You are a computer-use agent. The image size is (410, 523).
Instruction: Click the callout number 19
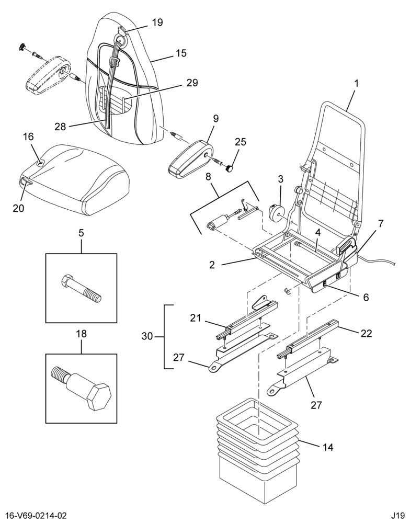coord(157,22)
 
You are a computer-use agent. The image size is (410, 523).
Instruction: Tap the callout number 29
coord(192,83)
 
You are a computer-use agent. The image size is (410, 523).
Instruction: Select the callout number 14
coord(328,447)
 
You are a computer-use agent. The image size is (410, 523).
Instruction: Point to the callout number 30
coord(147,336)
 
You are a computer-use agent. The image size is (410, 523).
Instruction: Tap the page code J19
coord(398,516)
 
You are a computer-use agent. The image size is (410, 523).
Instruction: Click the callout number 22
coord(366,333)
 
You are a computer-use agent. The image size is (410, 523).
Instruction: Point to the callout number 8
coord(209,177)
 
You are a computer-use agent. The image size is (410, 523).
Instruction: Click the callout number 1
coord(356,83)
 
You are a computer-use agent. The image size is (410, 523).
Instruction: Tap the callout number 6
coord(366,297)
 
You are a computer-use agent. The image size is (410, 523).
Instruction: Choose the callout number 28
coord(61,127)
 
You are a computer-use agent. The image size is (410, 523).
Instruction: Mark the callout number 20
coord(19,208)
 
